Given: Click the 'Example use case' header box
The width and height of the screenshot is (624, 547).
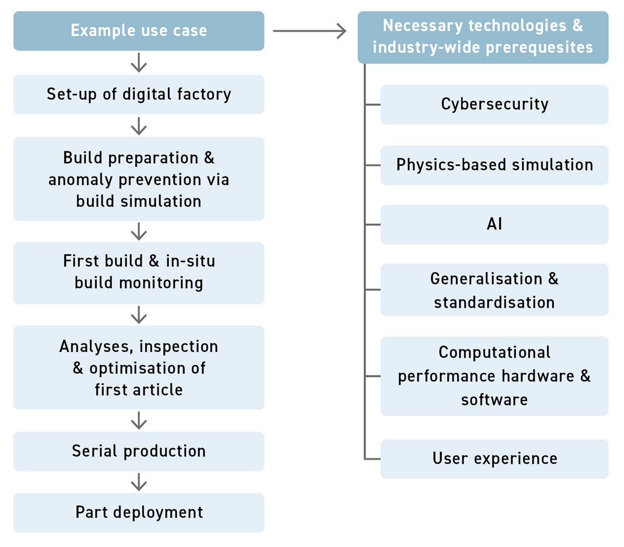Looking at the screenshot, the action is point(139,31).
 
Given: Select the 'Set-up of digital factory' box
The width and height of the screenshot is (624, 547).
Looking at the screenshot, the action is point(139,94).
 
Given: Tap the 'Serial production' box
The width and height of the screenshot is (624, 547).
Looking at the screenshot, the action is point(139,451).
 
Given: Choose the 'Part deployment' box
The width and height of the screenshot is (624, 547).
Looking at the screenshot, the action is point(139,512).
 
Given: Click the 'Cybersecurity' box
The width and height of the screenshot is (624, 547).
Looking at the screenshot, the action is point(494,104).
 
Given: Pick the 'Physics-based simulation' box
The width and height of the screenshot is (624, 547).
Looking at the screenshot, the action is point(494,165).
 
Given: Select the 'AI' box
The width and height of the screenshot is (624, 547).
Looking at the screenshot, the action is point(494,224).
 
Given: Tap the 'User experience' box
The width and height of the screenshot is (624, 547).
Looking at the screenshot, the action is point(494,459).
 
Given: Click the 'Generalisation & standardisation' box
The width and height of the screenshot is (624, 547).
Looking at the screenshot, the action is point(494,290).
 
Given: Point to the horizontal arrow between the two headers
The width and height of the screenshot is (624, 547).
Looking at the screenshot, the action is point(310,31).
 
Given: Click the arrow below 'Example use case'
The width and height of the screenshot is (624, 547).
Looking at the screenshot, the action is point(139,63).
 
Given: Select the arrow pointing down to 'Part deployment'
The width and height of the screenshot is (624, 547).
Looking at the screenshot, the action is point(139,482).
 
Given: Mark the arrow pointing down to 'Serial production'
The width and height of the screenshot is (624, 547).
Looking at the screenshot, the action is point(139,420).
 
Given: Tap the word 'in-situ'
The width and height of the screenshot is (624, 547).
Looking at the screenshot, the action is point(190,261).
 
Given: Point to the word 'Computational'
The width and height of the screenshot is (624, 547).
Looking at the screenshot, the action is point(494,353).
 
